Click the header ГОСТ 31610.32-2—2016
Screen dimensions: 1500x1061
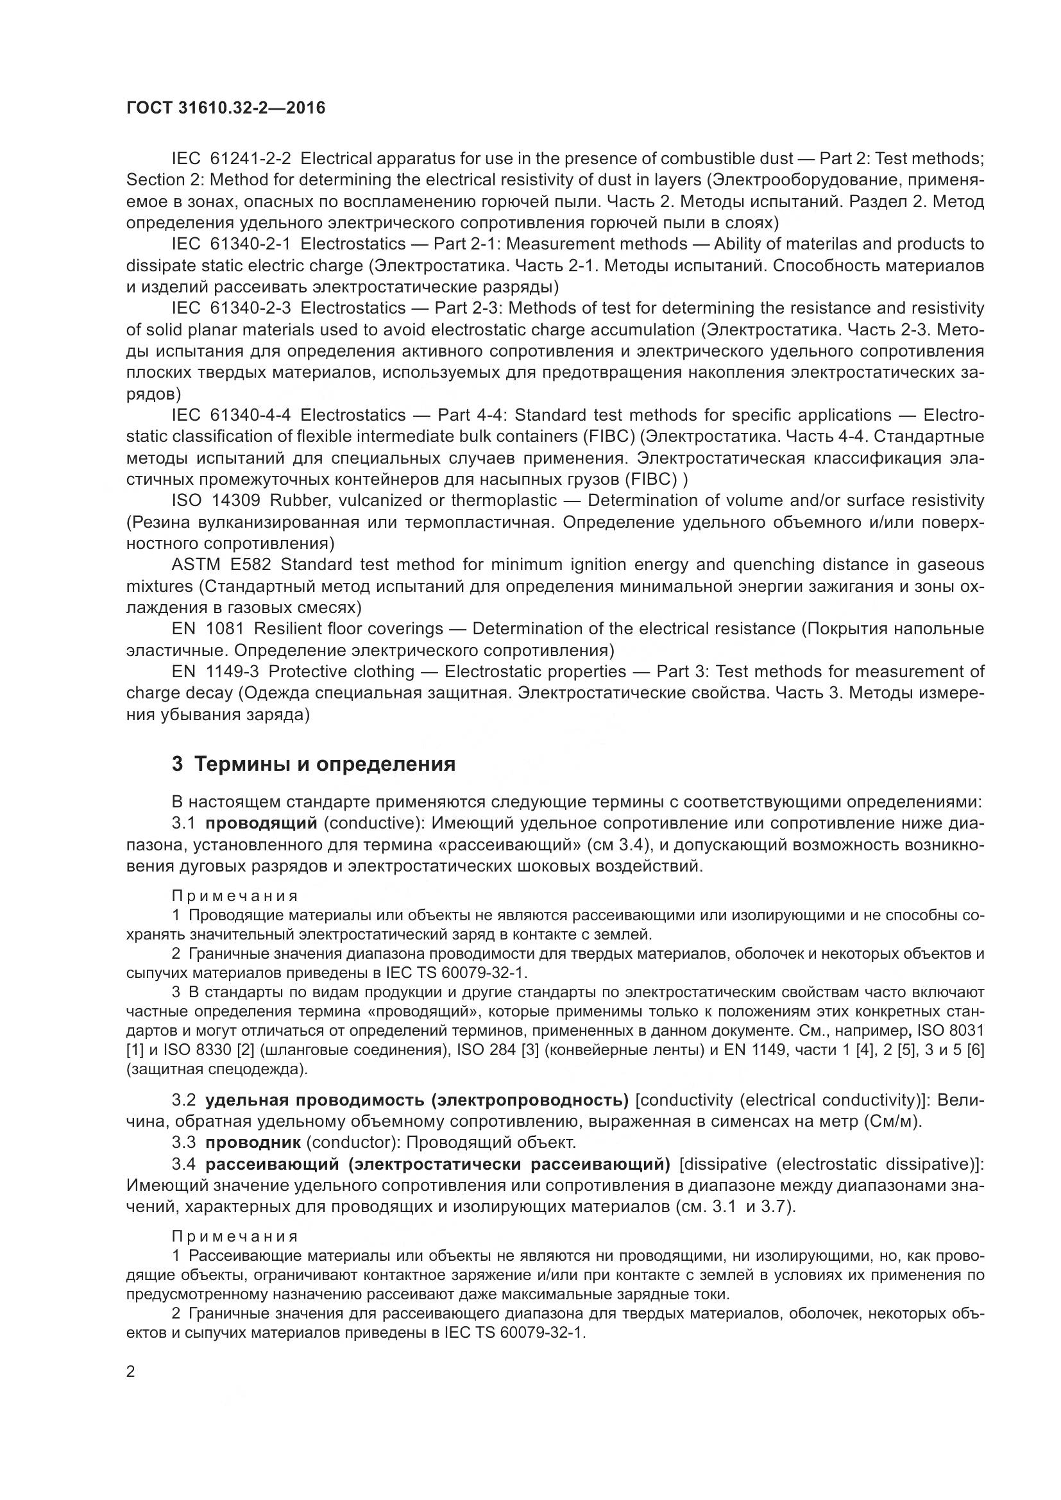tap(225, 108)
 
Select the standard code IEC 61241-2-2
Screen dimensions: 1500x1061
tap(232, 159)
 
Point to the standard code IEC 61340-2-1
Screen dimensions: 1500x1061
tap(232, 244)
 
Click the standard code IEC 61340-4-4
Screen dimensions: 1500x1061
tap(232, 415)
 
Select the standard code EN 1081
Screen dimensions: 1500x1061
tap(208, 628)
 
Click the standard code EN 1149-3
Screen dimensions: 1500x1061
tap(216, 671)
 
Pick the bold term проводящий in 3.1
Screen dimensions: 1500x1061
tap(261, 823)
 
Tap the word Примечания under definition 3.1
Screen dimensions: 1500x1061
tap(235, 897)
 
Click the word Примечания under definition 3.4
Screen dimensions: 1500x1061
tap(235, 1236)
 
